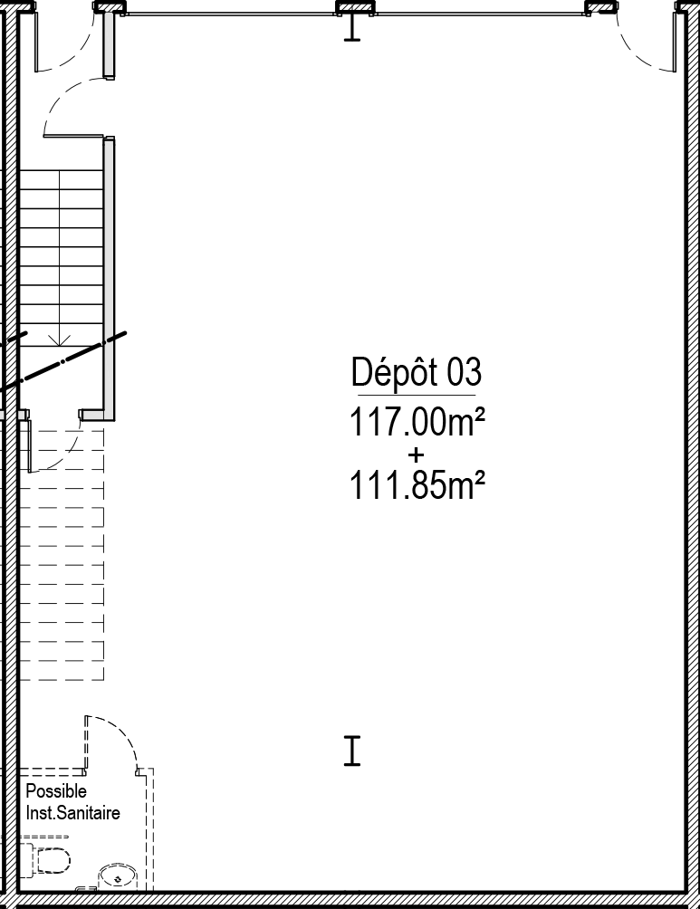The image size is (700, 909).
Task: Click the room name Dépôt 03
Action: pyautogui.click(x=417, y=372)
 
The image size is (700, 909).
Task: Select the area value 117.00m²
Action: pyautogui.click(x=417, y=422)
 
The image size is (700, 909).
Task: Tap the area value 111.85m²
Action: pyautogui.click(x=417, y=485)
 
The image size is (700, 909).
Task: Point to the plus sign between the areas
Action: pyautogui.click(x=416, y=454)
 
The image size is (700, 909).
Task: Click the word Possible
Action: pyautogui.click(x=56, y=790)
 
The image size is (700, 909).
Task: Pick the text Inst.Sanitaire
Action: pyautogui.click(x=73, y=813)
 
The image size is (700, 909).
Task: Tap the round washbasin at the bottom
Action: pyautogui.click(x=118, y=878)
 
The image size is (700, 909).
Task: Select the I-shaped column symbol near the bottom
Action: pyautogui.click(x=352, y=751)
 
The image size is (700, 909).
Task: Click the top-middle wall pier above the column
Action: pyautogui.click(x=354, y=7)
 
